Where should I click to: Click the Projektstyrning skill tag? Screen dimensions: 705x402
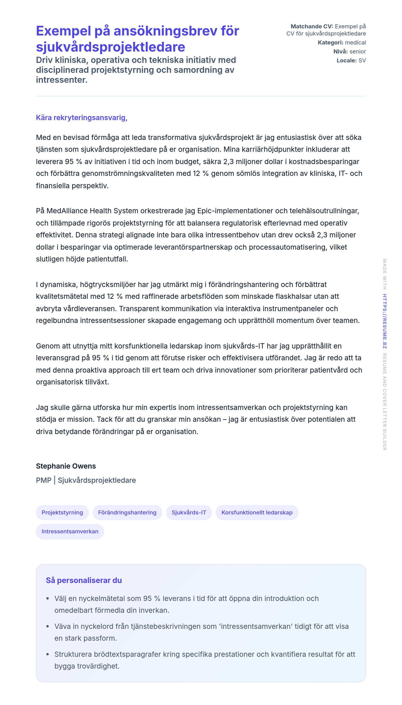point(62,512)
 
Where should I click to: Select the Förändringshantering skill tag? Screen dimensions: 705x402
point(127,512)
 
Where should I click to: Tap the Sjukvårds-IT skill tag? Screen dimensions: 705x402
point(189,512)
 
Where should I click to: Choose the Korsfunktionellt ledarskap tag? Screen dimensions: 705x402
point(257,512)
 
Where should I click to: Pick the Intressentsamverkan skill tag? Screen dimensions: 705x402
point(70,531)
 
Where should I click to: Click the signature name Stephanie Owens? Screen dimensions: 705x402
point(66,466)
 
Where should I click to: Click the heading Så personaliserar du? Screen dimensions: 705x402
point(84,580)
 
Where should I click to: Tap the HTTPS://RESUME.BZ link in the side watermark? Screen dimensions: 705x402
point(385,321)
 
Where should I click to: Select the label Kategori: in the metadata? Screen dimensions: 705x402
point(330,43)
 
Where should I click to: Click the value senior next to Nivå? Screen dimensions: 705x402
point(358,51)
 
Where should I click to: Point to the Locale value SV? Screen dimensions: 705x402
point(362,61)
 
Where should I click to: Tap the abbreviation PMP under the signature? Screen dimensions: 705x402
point(44,480)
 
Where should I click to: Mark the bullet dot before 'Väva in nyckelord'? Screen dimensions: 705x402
point(48,627)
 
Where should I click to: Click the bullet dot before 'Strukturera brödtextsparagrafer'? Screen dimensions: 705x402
point(48,654)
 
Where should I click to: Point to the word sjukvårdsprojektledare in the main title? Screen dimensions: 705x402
point(110,47)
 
